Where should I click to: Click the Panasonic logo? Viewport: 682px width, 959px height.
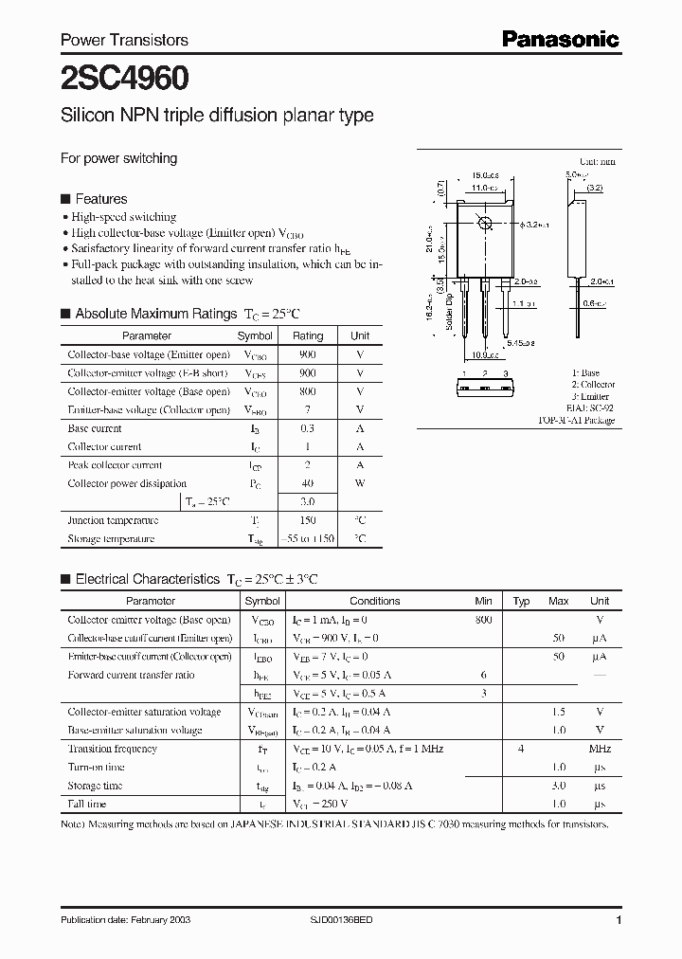pos(560,39)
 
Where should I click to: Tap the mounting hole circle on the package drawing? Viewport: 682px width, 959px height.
pos(486,224)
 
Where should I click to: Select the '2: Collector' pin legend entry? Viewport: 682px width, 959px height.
pos(593,385)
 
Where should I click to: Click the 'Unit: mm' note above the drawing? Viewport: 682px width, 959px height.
pos(597,162)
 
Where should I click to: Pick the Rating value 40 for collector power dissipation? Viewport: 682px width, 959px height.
pos(308,483)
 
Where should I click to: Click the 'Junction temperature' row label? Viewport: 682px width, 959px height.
pos(113,520)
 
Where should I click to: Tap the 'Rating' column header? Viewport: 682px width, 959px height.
pos(308,335)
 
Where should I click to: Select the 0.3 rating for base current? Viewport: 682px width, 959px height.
pos(308,428)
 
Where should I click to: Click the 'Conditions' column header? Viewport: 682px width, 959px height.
pos(375,601)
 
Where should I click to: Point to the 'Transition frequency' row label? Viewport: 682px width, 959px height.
pos(112,749)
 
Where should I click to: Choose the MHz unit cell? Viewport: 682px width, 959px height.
pos(600,749)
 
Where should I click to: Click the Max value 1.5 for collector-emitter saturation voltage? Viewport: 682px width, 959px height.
pos(559,712)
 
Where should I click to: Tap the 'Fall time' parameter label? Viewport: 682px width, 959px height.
pos(88,804)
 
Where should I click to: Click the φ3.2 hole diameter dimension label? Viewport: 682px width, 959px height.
pos(536,226)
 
